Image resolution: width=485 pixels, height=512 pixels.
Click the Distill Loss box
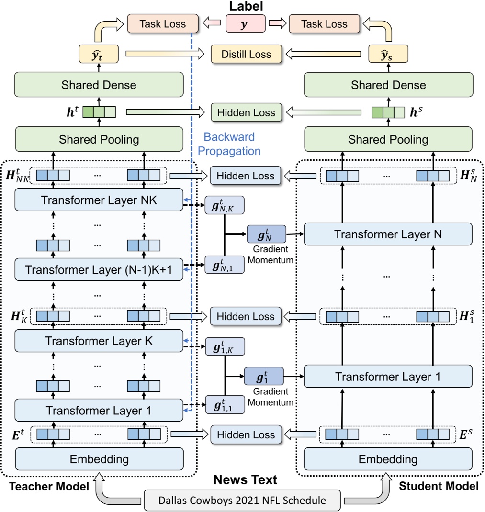click(x=246, y=55)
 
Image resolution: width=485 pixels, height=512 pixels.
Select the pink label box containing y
click(x=246, y=23)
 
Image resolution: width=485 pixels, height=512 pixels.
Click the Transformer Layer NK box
click(x=99, y=200)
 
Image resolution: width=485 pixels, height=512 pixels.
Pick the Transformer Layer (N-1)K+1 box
click(x=99, y=270)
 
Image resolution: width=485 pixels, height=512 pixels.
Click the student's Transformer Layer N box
click(x=388, y=234)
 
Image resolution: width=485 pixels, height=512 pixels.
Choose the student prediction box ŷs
click(x=388, y=54)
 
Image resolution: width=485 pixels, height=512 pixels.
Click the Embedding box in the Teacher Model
click(x=99, y=459)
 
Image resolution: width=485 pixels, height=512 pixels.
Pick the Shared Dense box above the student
click(x=388, y=85)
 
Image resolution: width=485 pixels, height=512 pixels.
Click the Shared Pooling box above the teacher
click(x=99, y=140)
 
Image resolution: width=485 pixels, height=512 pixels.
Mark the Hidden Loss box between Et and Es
click(x=246, y=434)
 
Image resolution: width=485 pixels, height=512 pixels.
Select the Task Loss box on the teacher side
click(x=163, y=23)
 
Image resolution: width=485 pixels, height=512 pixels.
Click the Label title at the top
click(x=245, y=6)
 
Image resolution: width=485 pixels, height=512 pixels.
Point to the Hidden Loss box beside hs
click(x=246, y=113)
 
